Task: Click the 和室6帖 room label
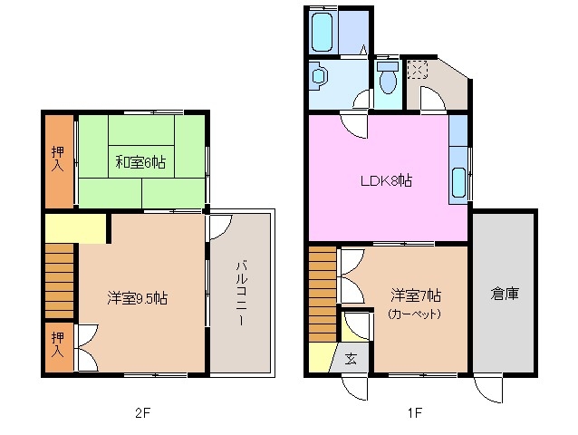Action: pyautogui.click(x=140, y=163)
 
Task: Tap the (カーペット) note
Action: pyautogui.click(x=414, y=314)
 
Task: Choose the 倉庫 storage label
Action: pyautogui.click(x=504, y=294)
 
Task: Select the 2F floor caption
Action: pyautogui.click(x=140, y=414)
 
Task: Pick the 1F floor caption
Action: pyautogui.click(x=414, y=414)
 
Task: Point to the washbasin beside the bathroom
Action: pyautogui.click(x=317, y=78)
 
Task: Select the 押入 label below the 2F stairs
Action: pyautogui.click(x=57, y=343)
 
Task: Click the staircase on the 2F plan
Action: pyautogui.click(x=60, y=275)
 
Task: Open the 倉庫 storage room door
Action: pyautogui.click(x=486, y=386)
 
